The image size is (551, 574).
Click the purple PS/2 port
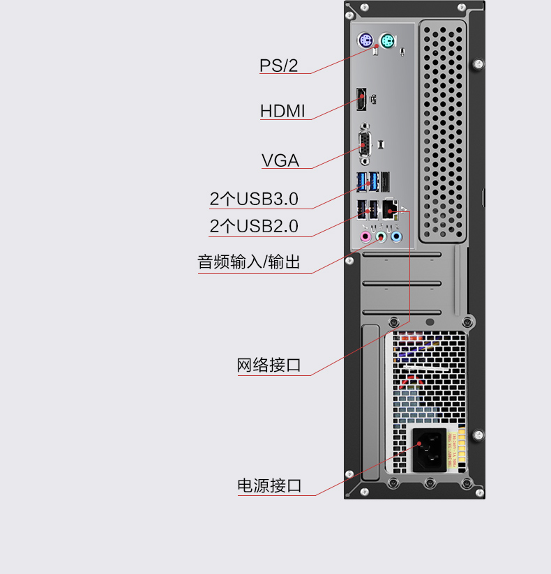(365, 40)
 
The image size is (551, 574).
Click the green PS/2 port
(387, 40)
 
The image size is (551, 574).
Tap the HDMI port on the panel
(361, 99)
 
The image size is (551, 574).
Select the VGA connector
(365, 144)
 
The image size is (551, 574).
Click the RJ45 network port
(391, 209)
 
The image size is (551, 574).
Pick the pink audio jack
(365, 237)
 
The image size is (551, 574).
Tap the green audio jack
(381, 237)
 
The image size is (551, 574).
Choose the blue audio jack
(396, 237)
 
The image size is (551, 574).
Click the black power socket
(430, 450)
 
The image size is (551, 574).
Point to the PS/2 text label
(278, 66)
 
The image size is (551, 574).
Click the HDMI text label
(282, 111)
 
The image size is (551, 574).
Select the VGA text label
(280, 160)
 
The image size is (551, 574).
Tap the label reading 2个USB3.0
(254, 199)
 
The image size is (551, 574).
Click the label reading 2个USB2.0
(254, 226)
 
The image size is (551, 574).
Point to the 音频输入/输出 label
(249, 262)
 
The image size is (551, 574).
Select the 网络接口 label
(269, 365)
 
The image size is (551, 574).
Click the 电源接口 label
(269, 485)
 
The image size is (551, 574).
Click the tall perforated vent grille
(443, 132)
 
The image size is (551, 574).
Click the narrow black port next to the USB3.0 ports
(385, 181)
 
